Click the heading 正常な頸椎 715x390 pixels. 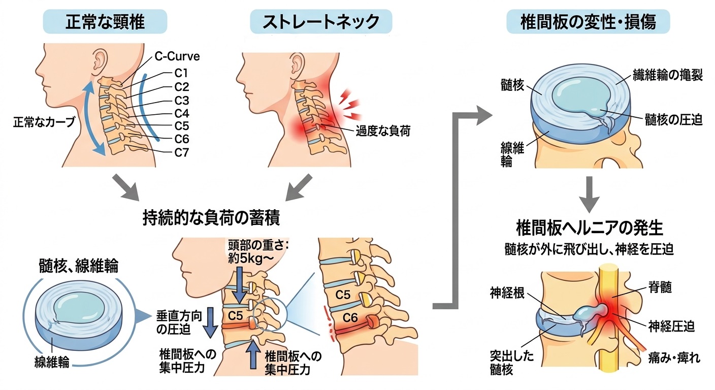(x=105, y=22)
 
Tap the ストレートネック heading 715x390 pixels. (x=321, y=22)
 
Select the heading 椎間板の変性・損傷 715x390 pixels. (x=588, y=22)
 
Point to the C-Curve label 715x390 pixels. (x=177, y=56)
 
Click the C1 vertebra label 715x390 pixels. (x=181, y=73)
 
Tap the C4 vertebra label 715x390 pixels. (x=182, y=113)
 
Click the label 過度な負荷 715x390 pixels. (x=383, y=131)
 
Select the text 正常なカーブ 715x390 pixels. (x=44, y=122)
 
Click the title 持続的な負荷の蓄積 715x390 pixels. (x=211, y=218)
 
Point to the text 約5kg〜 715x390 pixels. (x=251, y=259)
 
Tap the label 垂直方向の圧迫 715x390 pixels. (x=179, y=322)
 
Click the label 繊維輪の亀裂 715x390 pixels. (x=668, y=75)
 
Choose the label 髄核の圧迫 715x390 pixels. (x=674, y=120)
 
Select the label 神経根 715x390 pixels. (x=507, y=292)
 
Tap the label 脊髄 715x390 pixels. (x=661, y=287)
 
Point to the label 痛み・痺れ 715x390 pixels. (x=674, y=358)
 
